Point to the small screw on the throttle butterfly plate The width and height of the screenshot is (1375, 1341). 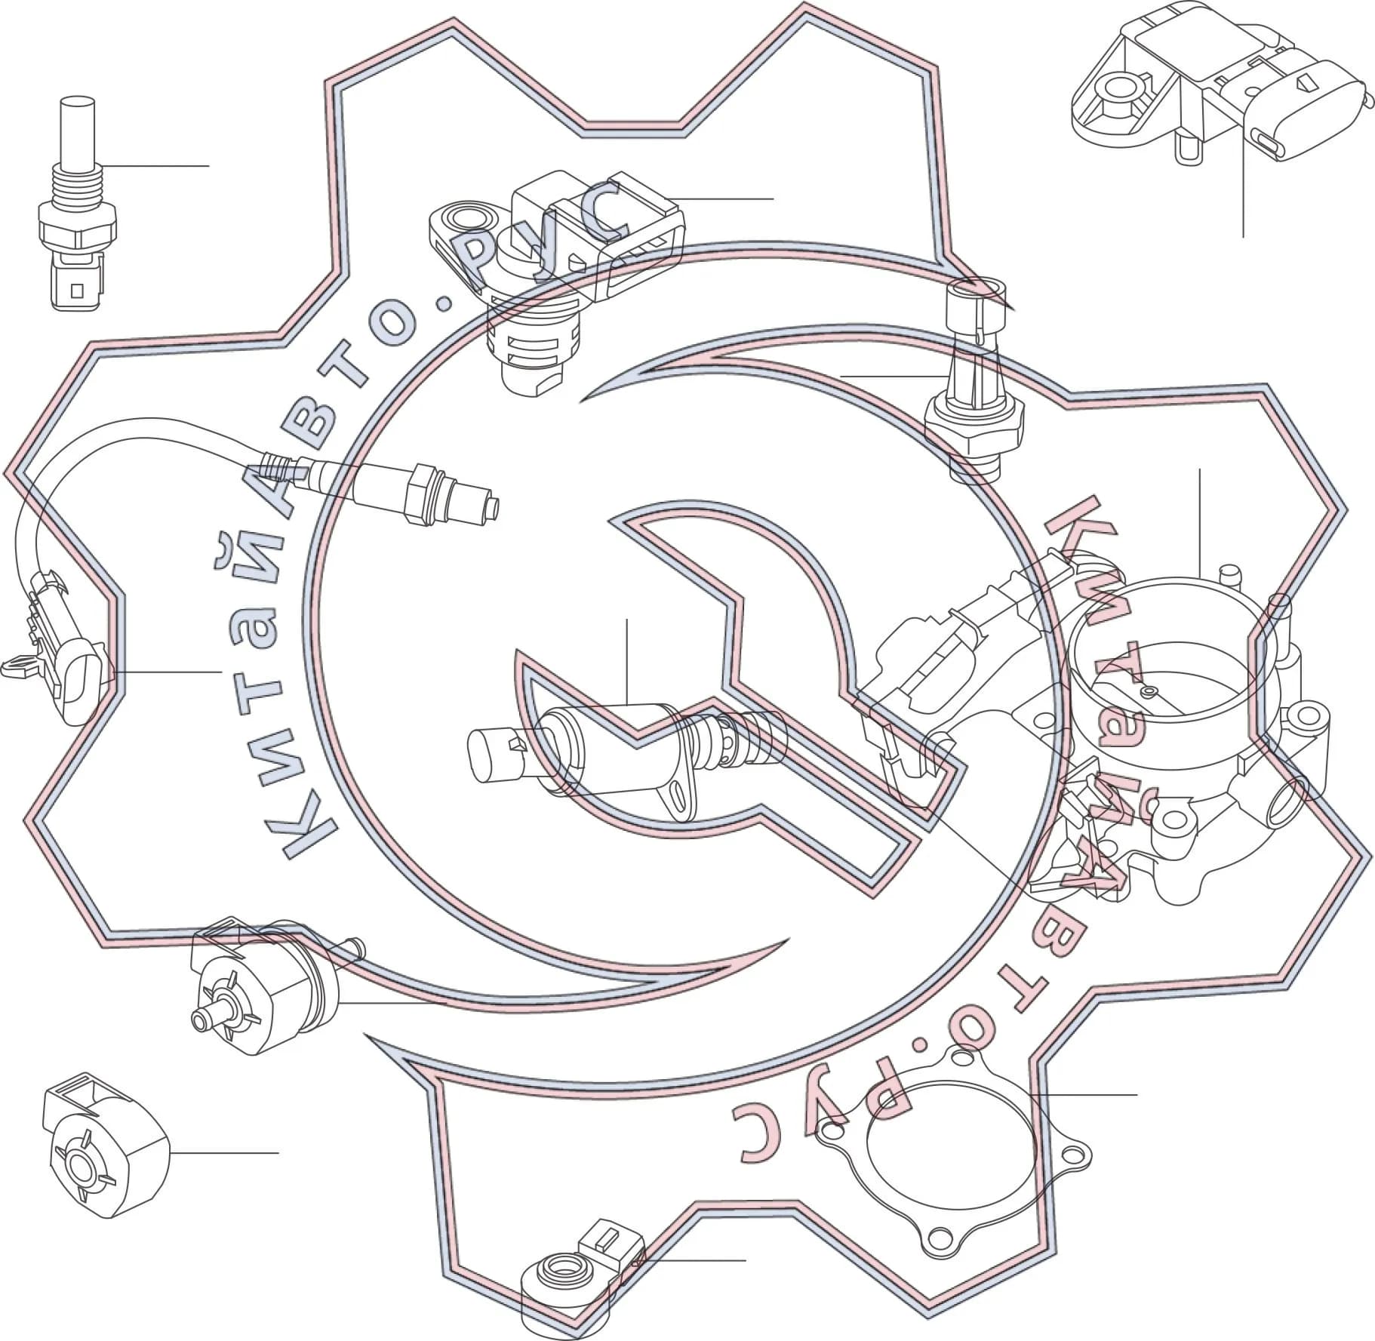[1149, 690]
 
